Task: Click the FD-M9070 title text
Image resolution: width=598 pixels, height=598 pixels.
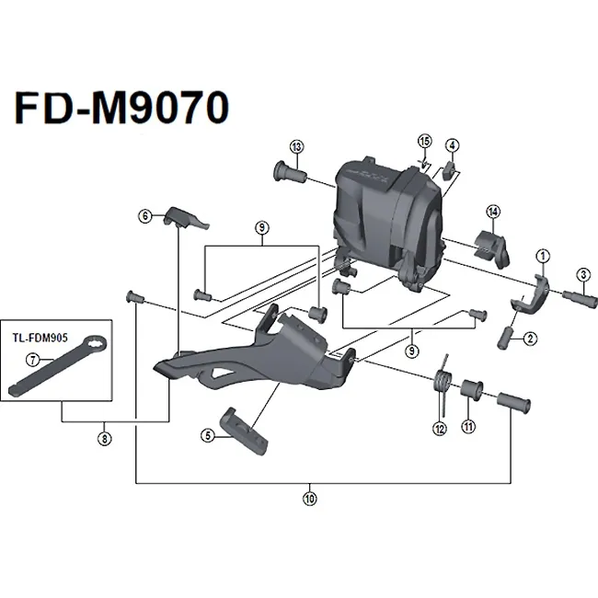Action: tap(120, 108)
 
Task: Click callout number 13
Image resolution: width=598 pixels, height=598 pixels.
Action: tap(295, 147)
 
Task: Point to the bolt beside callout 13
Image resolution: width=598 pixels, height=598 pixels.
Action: tap(289, 171)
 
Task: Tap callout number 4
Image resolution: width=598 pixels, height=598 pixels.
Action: tap(452, 144)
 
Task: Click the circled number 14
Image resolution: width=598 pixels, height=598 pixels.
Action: tap(493, 213)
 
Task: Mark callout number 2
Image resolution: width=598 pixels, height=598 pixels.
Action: tap(532, 339)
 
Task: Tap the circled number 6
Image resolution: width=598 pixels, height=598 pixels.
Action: tap(144, 216)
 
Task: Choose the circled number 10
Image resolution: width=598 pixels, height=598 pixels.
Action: tap(309, 500)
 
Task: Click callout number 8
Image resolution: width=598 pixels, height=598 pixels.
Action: tap(106, 438)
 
